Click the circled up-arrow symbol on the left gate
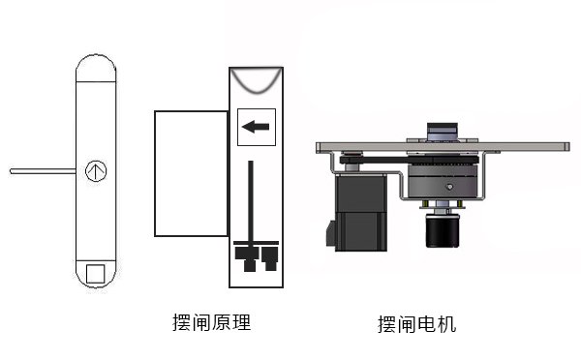pyautogui.click(x=94, y=171)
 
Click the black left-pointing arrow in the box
pyautogui.click(x=256, y=125)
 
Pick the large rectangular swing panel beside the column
pyautogui.click(x=191, y=173)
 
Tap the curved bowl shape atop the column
pyautogui.click(x=257, y=80)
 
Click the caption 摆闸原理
pyautogui.click(x=210, y=322)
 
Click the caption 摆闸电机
pyautogui.click(x=416, y=324)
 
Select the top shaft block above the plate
pyautogui.click(x=444, y=131)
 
